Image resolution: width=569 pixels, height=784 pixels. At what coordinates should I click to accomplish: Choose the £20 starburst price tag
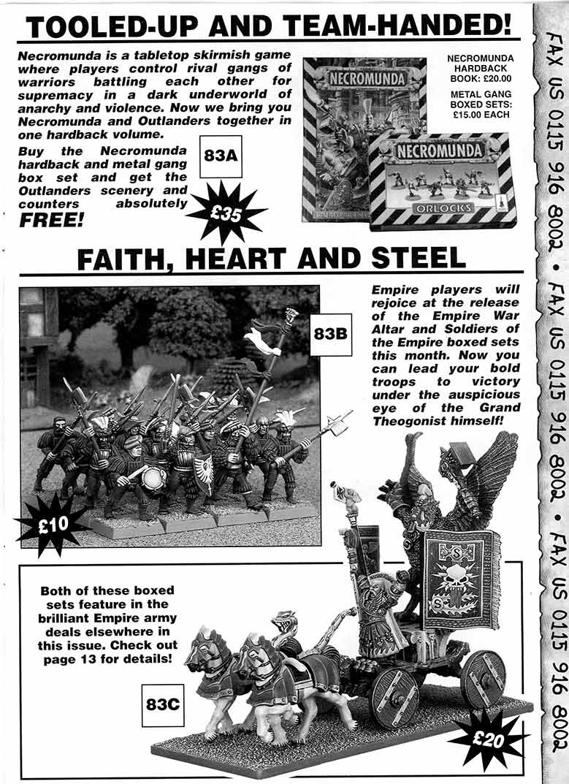point(489,739)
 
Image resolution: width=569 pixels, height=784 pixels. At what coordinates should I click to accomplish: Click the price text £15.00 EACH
point(489,114)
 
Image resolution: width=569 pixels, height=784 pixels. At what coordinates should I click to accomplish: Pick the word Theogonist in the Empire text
point(416,422)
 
